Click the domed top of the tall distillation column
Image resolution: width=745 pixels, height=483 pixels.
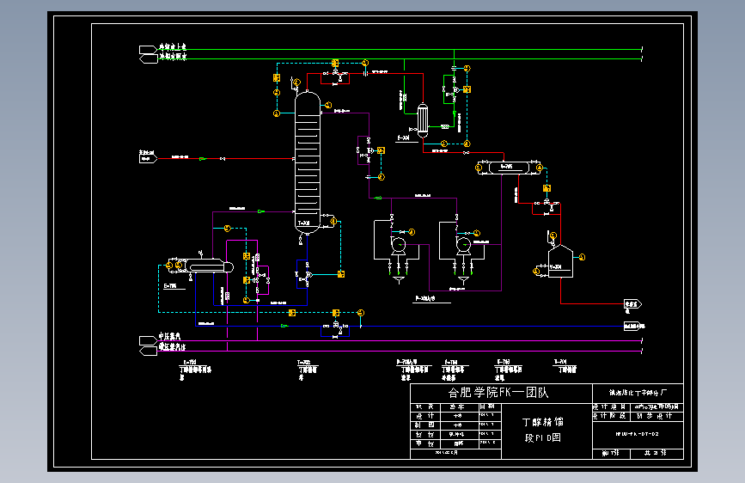(307, 95)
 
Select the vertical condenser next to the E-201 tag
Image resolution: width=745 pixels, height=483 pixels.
(423, 120)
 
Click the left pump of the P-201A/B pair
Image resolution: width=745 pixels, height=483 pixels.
(399, 244)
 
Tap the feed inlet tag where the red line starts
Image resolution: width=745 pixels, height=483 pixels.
(147, 157)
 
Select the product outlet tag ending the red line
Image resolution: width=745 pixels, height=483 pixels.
(633, 304)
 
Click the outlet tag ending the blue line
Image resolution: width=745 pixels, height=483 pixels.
(633, 327)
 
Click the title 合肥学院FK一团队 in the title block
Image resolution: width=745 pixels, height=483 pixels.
(498, 392)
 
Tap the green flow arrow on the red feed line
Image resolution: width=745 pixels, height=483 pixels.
(203, 158)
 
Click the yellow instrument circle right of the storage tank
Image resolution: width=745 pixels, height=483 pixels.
(582, 256)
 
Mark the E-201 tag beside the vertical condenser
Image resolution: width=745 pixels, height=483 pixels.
(403, 138)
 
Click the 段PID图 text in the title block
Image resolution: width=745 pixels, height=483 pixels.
(543, 437)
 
